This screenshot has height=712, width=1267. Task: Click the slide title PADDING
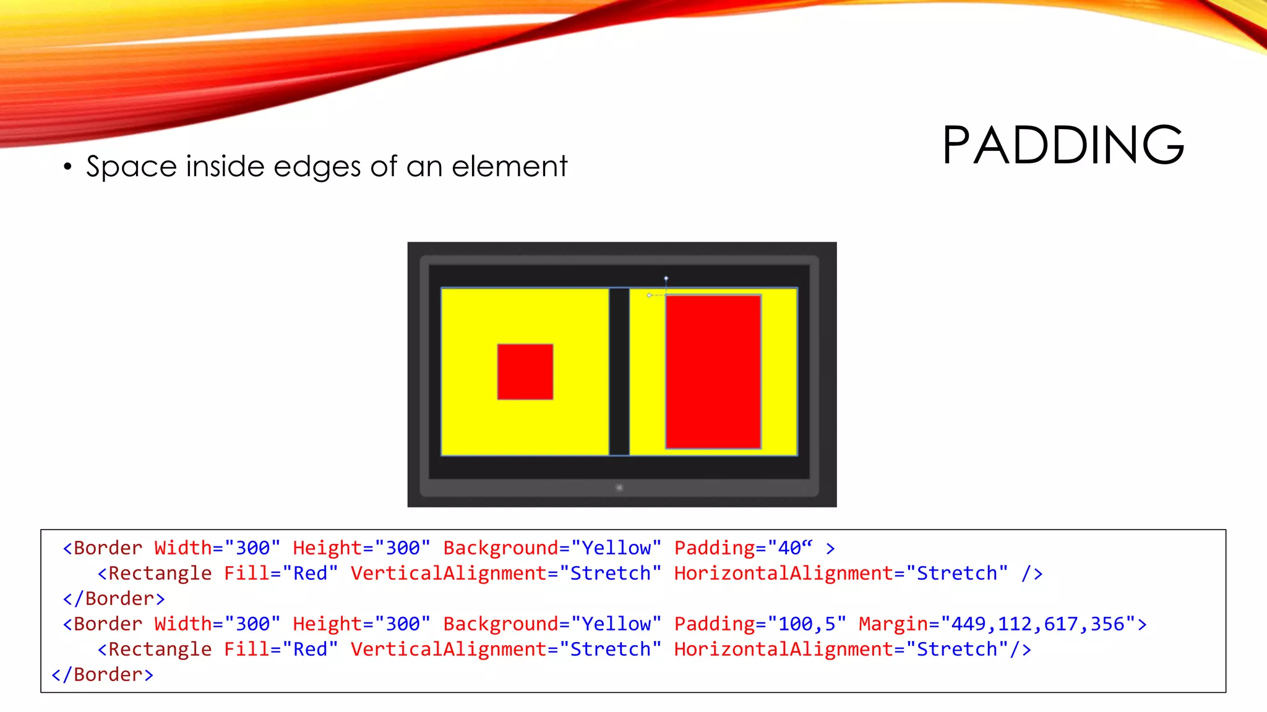tap(1063, 145)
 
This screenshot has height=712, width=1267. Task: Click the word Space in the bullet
tap(132, 167)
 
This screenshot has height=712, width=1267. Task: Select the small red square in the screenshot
tap(525, 371)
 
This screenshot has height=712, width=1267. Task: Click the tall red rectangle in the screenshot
tap(713, 371)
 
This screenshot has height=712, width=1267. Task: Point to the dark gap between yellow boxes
tap(619, 371)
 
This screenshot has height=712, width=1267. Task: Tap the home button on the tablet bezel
tap(619, 488)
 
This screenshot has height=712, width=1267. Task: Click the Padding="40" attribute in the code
tap(742, 548)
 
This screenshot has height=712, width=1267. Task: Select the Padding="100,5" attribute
tap(759, 624)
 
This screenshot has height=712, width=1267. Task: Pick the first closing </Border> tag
tap(114, 598)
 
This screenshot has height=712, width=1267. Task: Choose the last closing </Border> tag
tap(103, 674)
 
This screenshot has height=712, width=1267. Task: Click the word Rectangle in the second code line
tap(160, 573)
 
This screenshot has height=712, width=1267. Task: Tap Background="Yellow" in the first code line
tap(552, 548)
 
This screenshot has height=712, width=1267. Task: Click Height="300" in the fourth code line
tap(361, 624)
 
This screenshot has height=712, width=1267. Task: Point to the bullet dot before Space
tap(67, 167)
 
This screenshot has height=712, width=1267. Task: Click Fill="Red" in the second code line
tap(281, 573)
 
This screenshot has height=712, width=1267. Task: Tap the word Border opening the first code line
tap(108, 548)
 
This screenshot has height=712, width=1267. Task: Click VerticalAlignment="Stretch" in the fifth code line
tap(505, 649)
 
